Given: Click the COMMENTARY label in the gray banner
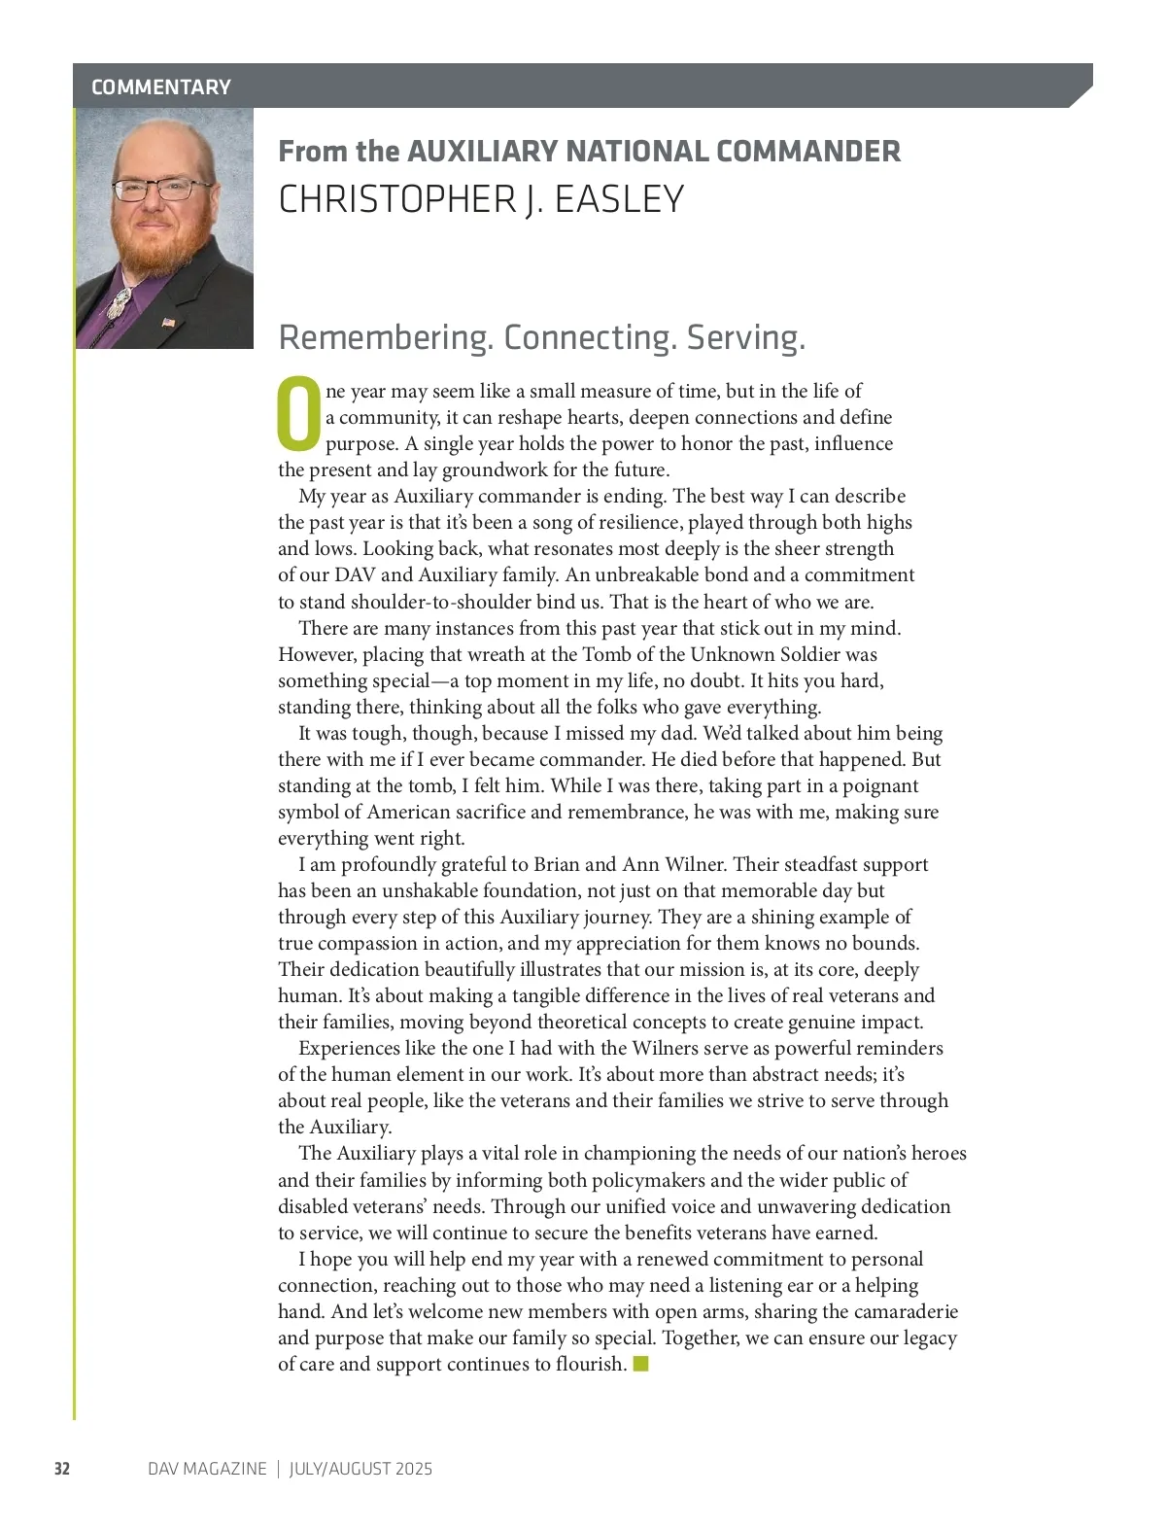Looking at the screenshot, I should [161, 87].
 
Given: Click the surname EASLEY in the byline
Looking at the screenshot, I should [619, 199].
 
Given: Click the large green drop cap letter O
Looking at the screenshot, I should [299, 415].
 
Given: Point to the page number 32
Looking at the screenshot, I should [62, 1469].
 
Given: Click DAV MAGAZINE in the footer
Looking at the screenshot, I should [207, 1469].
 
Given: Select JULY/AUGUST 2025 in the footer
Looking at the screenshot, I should [360, 1469].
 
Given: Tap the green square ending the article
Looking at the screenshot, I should [640, 1364].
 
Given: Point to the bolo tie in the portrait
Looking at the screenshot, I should [120, 303].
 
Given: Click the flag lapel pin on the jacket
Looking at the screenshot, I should [168, 322].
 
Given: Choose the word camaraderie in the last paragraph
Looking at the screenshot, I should [906, 1311].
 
